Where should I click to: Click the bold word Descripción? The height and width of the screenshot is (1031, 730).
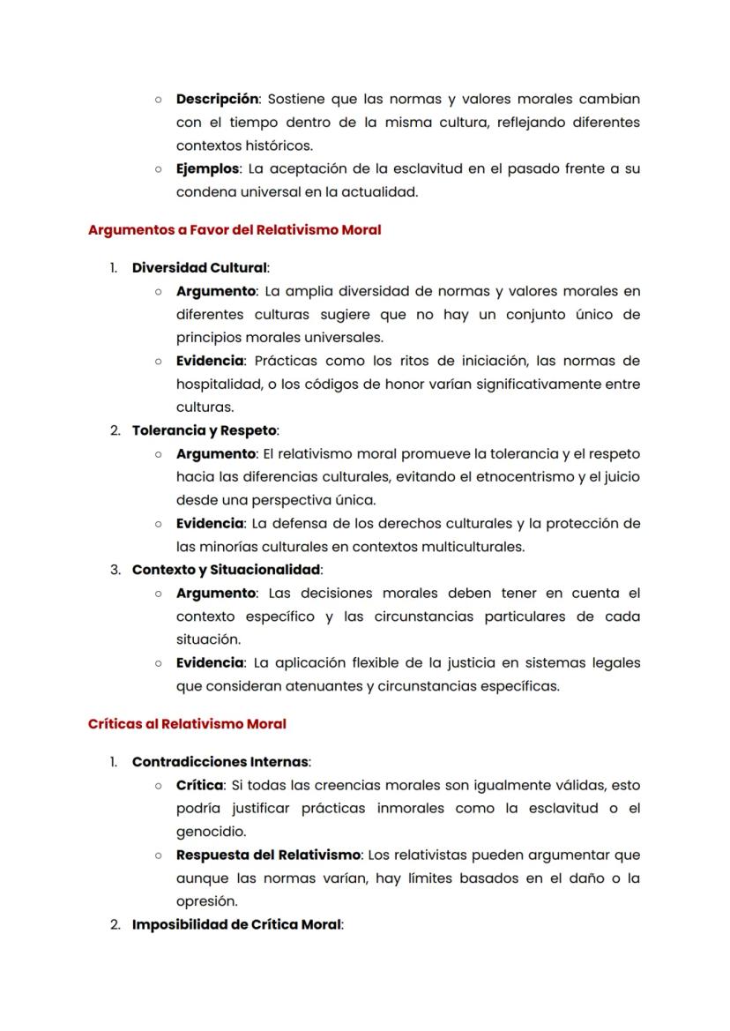coord(218,99)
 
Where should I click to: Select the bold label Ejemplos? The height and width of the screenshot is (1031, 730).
coord(207,168)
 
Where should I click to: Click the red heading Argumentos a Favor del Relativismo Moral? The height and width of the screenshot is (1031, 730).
coord(235,230)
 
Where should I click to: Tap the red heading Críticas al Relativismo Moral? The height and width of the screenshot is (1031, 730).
coord(187,723)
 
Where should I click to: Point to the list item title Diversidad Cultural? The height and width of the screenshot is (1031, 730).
coord(199,268)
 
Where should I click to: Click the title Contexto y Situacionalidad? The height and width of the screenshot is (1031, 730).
coord(226,570)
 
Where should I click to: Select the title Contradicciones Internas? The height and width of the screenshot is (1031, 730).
coord(220,761)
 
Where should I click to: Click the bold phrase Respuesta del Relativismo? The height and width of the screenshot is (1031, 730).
coord(268,855)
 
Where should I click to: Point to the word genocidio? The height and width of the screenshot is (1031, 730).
coord(211,831)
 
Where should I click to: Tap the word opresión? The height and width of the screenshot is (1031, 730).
coord(206,901)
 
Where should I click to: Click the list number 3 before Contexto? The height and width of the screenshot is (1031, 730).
coord(115,570)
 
